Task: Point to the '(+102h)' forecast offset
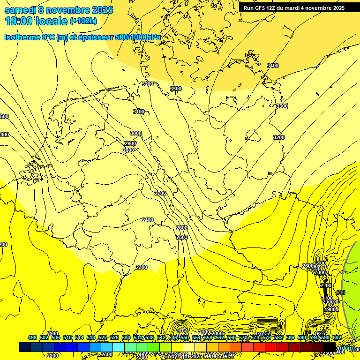[83, 21]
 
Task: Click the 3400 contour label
[272, 66]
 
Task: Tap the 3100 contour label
[139, 112]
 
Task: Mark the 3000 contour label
[136, 134]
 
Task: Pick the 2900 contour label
[130, 143]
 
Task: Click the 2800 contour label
[128, 150]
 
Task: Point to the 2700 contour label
[160, 193]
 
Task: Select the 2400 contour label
[148, 220]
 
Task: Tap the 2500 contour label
[182, 237]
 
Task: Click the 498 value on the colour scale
[32, 338]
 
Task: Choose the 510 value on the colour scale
[67, 338]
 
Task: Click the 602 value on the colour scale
[337, 338]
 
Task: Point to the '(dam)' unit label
[346, 348]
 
